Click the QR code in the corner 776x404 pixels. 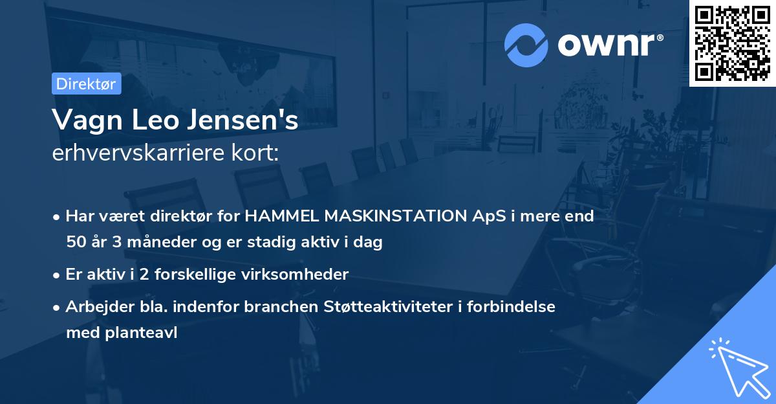click(732, 43)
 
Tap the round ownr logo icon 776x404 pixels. click(526, 45)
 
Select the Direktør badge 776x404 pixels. click(86, 84)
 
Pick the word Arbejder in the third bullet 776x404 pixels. click(94, 307)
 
